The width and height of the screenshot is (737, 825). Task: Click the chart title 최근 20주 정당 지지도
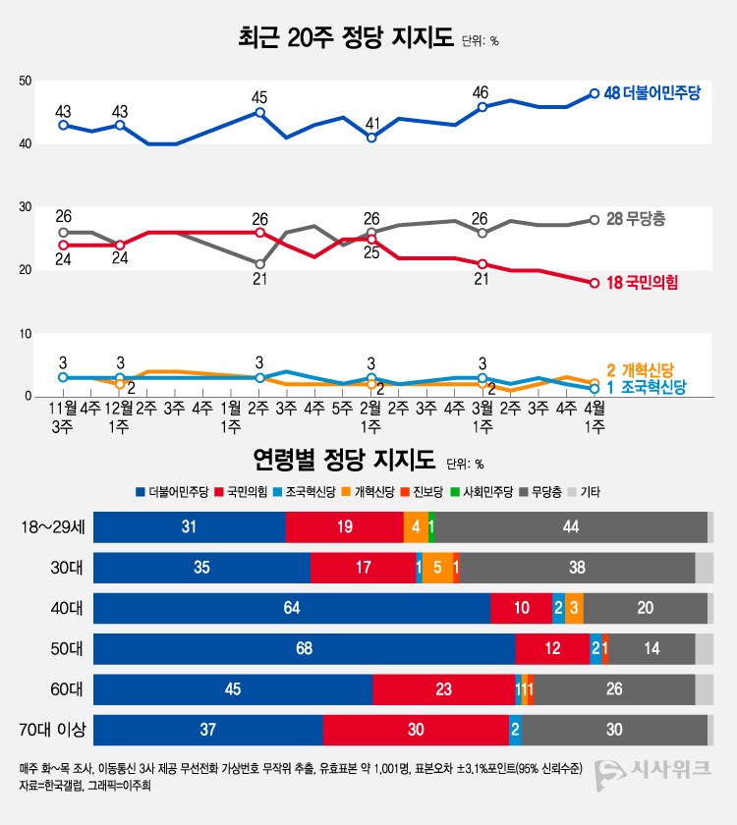tap(346, 38)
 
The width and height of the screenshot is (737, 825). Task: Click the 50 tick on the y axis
tap(27, 81)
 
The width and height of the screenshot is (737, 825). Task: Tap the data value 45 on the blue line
tap(259, 97)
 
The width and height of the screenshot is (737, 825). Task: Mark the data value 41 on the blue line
tap(372, 123)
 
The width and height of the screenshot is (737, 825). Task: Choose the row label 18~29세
tap(53, 527)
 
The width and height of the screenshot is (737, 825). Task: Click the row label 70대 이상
tap(53, 730)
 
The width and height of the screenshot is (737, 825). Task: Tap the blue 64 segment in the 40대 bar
tap(292, 608)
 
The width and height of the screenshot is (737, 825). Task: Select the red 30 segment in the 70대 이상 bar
tap(416, 730)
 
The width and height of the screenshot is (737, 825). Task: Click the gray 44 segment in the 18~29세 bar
tap(571, 527)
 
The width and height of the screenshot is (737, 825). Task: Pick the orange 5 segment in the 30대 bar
tap(437, 568)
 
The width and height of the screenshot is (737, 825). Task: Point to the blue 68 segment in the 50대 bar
tap(304, 649)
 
